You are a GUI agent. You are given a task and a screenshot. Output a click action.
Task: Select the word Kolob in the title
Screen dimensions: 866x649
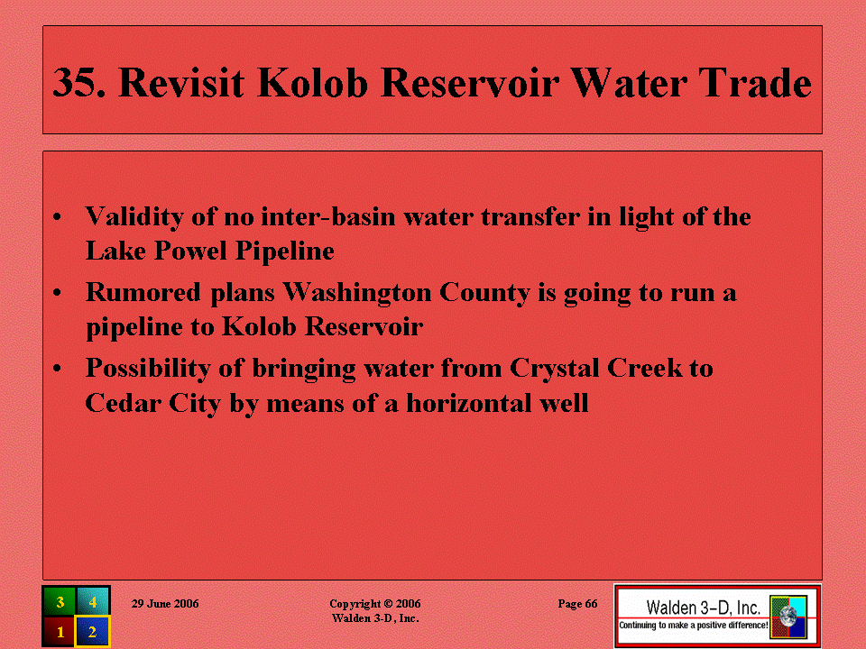tap(313, 83)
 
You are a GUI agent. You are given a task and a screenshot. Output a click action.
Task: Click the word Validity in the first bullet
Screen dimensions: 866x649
tap(134, 217)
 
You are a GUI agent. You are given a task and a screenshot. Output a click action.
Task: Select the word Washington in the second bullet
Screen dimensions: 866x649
tap(357, 293)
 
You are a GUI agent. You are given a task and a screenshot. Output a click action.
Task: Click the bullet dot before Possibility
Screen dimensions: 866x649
tap(57, 368)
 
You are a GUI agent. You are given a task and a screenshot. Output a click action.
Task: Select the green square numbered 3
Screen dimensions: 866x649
tap(60, 601)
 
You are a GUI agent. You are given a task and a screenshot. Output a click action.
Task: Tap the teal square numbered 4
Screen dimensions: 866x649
tap(93, 601)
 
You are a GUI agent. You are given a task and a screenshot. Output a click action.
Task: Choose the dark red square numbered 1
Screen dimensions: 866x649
tap(60, 631)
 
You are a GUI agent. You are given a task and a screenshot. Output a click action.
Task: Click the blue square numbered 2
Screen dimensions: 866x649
tap(93, 631)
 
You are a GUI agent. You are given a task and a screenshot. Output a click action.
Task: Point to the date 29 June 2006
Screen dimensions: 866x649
tap(165, 604)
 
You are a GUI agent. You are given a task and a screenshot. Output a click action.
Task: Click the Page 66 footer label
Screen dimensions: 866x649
tap(577, 604)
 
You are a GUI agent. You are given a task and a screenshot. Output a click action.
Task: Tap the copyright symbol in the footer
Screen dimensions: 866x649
tap(388, 604)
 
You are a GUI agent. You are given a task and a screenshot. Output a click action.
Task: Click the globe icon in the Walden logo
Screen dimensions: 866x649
tap(788, 617)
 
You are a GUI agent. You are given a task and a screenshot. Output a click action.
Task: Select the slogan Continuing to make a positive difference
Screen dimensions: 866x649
tap(693, 626)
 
